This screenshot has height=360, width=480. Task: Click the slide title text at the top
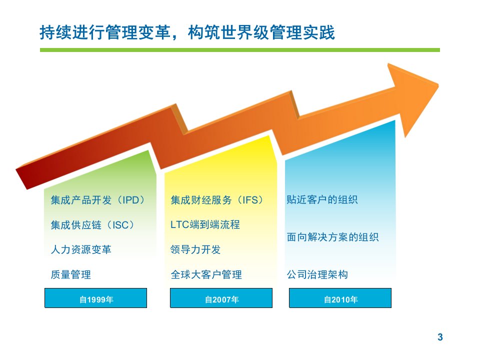coord(187,32)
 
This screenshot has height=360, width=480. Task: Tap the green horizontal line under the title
coord(240,50)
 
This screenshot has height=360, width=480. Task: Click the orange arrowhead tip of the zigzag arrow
coord(438,85)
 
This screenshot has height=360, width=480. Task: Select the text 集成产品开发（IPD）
coord(98,200)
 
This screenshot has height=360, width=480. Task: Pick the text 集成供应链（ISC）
coord(93,225)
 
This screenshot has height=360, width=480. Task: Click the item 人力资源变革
coord(81,249)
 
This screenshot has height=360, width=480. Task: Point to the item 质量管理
coord(70,274)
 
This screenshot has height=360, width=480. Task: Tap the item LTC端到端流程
coord(205,224)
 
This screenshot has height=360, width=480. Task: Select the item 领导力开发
coord(195,249)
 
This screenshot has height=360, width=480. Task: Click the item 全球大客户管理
coord(206,274)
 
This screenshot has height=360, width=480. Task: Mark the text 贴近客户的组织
coord(322,199)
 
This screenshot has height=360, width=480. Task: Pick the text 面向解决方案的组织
coord(333,237)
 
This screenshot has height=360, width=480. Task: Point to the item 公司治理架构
coord(317,274)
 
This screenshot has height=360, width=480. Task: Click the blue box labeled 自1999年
coord(96,298)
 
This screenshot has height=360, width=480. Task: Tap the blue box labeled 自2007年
coord(221,298)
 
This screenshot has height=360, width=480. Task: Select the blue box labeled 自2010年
coord(340,298)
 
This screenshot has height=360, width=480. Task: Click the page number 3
coord(440,337)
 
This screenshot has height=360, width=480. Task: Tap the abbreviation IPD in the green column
coord(130,200)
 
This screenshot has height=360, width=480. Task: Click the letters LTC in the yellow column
coord(180,224)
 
